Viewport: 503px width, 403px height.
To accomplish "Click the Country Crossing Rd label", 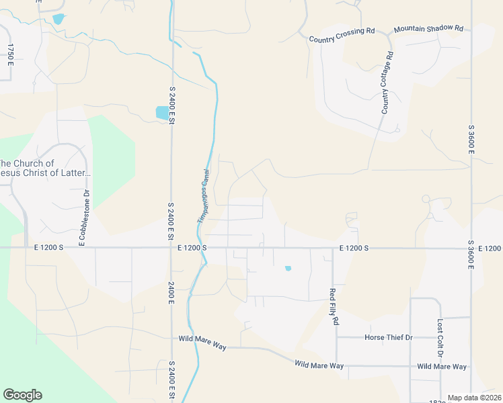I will (x=342, y=36).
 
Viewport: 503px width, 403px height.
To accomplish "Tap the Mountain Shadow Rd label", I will (x=429, y=29).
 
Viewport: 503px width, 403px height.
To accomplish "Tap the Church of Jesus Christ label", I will (x=44, y=169).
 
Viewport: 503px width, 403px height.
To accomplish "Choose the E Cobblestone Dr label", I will (x=85, y=218).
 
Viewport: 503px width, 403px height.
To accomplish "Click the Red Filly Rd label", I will (x=333, y=306).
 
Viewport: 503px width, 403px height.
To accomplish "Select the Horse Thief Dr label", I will (x=388, y=337).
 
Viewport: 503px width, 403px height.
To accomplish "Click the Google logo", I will (x=22, y=395).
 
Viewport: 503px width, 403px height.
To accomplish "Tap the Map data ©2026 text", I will (x=474, y=398).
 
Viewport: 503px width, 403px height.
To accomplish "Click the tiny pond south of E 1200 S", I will (x=288, y=269).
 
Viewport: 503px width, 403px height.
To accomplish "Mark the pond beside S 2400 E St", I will (x=163, y=113).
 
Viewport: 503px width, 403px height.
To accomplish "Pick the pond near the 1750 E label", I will (x=58, y=19).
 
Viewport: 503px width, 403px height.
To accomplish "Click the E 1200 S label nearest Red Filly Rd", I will (x=354, y=248).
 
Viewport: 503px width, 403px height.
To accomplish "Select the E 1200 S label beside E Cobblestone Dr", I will (x=48, y=248).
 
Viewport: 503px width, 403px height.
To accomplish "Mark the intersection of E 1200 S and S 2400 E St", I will (x=172, y=248).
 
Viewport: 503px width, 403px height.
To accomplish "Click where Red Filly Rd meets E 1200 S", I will (x=333, y=248).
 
